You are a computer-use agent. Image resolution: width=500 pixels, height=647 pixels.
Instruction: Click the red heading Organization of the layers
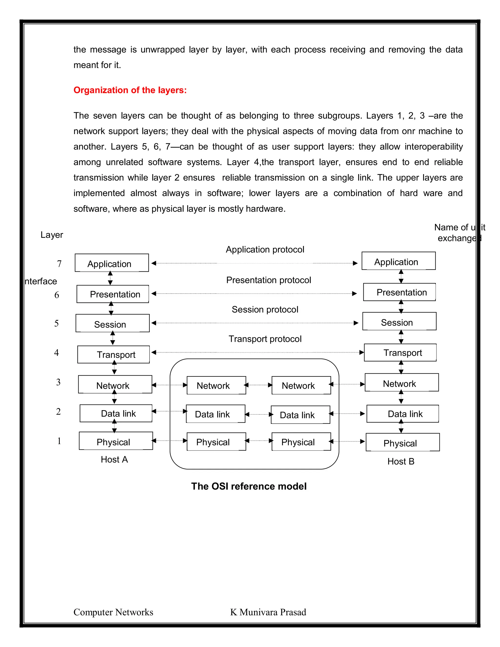[x=130, y=90]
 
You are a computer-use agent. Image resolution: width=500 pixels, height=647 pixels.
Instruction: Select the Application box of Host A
[x=112, y=263]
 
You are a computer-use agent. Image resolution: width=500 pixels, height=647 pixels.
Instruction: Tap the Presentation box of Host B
[x=399, y=292]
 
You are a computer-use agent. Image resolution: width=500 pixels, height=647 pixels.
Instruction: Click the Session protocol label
[x=265, y=309]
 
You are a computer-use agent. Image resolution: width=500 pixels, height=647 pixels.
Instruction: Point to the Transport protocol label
[x=265, y=339]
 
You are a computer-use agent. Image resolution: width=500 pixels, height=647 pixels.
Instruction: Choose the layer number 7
[x=59, y=264]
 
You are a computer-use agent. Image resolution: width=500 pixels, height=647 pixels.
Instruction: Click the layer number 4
[x=56, y=353]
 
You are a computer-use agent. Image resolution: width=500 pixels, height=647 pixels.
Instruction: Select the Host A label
[x=114, y=459]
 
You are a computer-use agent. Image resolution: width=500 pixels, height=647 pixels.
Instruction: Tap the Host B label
[x=401, y=461]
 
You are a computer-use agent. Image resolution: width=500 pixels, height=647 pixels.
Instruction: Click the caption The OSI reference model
[x=249, y=486]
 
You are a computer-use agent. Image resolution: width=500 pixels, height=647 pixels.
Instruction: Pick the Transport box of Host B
[x=400, y=353]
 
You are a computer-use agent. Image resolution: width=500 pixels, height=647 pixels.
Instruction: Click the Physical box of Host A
[x=116, y=441]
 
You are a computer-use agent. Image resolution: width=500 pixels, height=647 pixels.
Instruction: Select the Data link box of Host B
[x=403, y=414]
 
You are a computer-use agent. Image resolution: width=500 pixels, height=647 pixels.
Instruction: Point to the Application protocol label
[x=265, y=250]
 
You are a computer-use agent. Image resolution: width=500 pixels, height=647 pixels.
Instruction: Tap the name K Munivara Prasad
[x=268, y=612]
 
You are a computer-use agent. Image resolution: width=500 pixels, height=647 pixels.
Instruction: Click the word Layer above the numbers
[x=52, y=235]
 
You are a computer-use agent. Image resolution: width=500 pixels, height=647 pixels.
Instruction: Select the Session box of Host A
[x=113, y=323]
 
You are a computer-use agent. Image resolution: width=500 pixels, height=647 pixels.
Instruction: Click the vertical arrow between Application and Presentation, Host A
[x=110, y=278]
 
